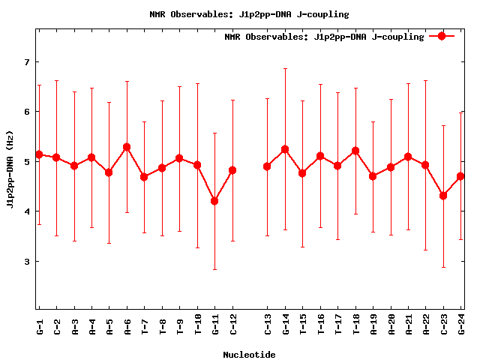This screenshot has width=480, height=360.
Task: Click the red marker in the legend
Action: point(442,36)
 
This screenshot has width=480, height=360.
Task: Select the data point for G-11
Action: point(214,201)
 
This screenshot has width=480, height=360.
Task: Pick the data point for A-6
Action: point(127,147)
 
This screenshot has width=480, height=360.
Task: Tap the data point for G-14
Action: point(285,149)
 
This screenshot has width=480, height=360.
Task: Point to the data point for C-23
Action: point(443,196)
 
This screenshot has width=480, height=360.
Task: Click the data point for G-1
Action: point(39,154)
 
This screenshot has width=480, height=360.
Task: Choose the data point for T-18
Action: point(355,151)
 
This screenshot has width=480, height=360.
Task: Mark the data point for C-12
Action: point(232,170)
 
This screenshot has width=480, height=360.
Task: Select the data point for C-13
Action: point(267,166)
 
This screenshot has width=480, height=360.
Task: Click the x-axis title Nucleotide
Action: point(249,355)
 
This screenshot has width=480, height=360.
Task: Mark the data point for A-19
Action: point(373,176)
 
